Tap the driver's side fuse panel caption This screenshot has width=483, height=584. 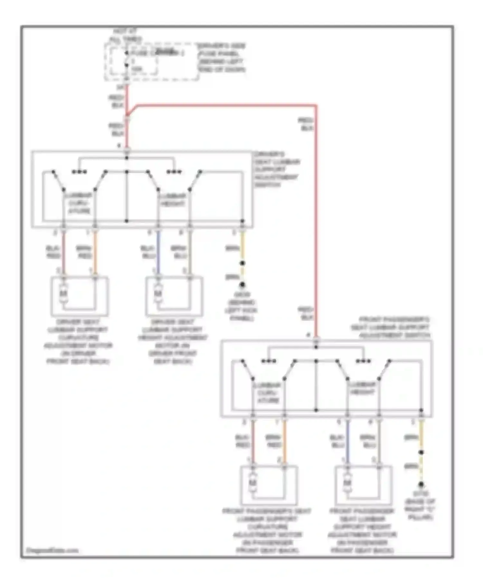tap(222, 58)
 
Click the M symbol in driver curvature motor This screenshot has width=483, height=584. tap(64, 294)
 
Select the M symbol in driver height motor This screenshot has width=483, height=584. tap(158, 294)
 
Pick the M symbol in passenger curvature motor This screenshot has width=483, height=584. tap(253, 483)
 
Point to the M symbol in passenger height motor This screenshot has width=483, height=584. tap(347, 483)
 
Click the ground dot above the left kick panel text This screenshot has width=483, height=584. tap(242, 285)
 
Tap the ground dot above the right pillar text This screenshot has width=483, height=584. tap(421, 485)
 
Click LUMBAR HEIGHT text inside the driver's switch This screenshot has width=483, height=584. tap(173, 200)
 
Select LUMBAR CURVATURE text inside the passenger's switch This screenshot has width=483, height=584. tap(268, 392)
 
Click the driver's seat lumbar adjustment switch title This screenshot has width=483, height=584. tap(277, 169)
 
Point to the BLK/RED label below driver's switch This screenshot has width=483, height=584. tap(53, 252)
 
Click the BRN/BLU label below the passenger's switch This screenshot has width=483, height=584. tap(367, 441)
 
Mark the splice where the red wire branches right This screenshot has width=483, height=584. tap(127, 115)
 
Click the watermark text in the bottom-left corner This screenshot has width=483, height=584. tap(52, 551)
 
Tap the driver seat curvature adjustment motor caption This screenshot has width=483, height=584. tap(78, 341)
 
